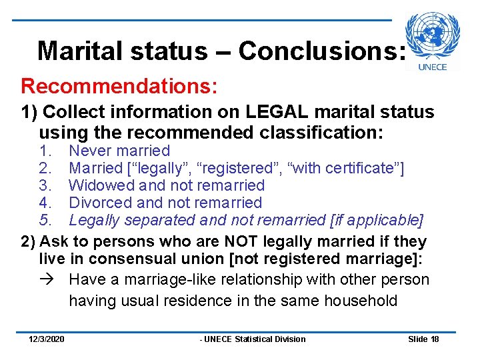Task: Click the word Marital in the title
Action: click(x=74, y=51)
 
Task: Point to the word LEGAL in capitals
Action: click(x=279, y=113)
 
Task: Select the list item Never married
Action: click(x=119, y=151)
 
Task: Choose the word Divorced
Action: click(x=99, y=203)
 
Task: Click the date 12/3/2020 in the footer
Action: click(x=47, y=339)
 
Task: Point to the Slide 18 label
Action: click(x=423, y=339)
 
